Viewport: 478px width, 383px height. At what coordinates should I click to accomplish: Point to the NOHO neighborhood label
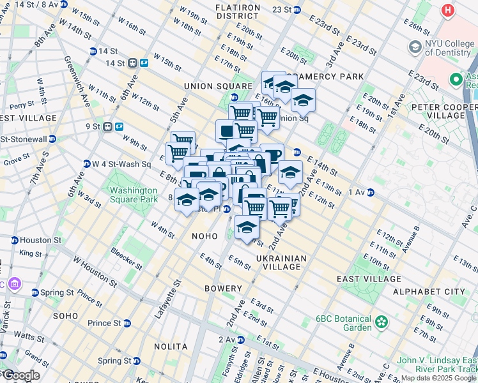point(205,236)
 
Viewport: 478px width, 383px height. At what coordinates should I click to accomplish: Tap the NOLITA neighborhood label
point(171,347)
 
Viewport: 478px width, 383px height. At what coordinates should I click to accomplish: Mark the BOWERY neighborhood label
point(223,289)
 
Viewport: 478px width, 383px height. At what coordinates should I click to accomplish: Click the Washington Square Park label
point(133,195)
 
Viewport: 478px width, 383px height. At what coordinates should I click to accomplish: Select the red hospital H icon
point(448,10)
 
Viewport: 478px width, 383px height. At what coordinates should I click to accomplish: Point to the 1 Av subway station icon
point(371,192)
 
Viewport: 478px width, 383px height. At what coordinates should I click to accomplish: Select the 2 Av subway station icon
point(241,340)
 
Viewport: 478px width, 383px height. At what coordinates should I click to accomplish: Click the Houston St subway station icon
point(14,241)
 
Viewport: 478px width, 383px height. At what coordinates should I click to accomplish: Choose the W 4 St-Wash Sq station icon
point(86,164)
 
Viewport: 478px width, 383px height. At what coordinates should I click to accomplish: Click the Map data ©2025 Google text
point(438,379)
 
